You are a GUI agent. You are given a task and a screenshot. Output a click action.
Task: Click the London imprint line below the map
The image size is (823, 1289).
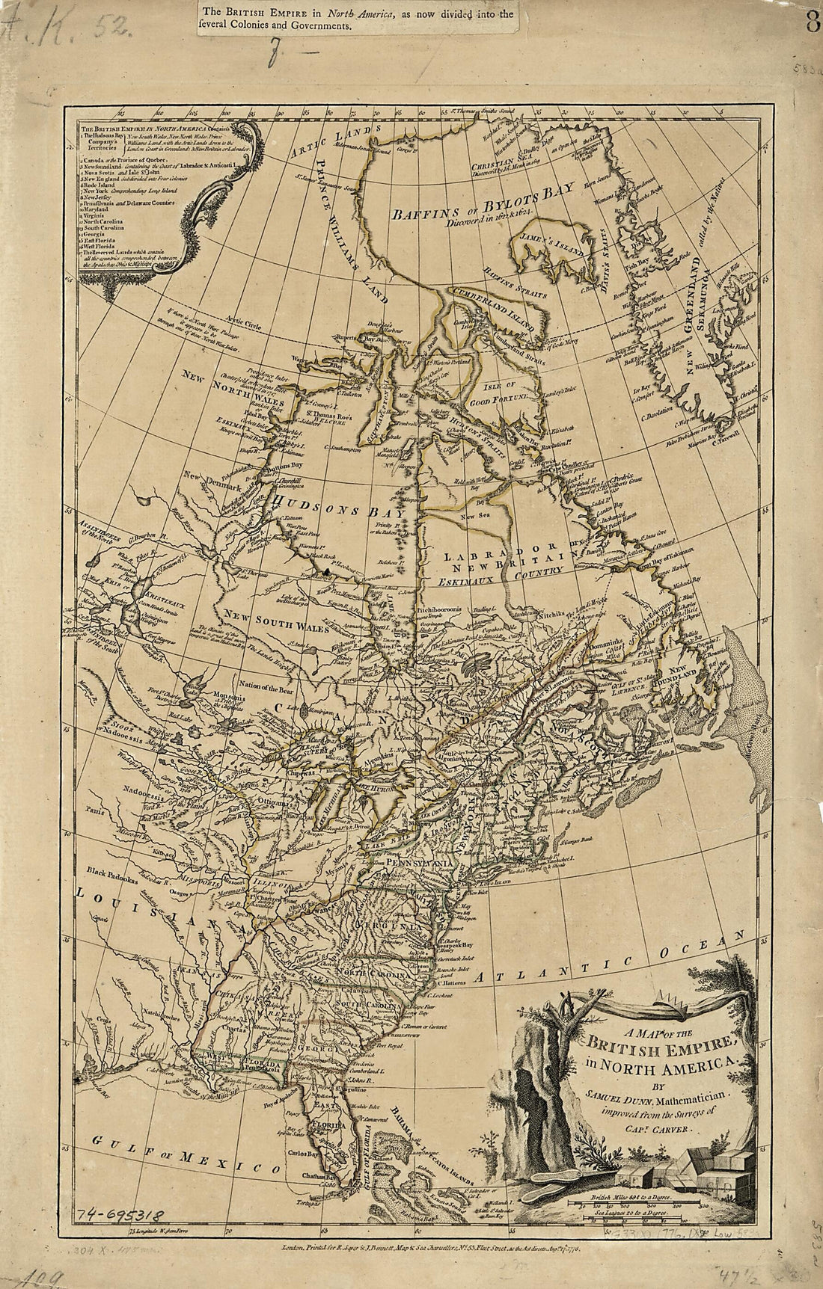[423, 1248]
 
